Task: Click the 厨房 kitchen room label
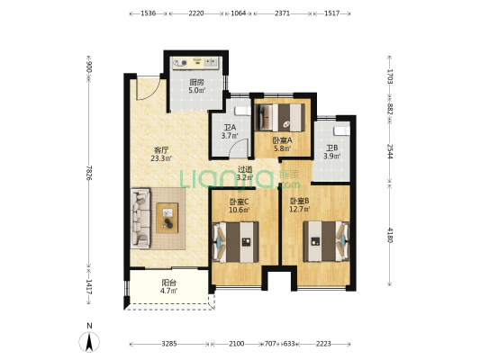(x=197, y=82)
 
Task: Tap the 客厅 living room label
(x=161, y=150)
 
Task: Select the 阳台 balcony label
(x=168, y=283)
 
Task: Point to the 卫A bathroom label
(x=230, y=127)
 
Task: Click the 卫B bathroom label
(x=331, y=148)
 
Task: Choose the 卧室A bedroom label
(x=282, y=140)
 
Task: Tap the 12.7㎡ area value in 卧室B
(x=300, y=209)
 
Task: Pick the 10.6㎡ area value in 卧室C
(x=240, y=210)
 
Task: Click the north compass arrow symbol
(x=89, y=342)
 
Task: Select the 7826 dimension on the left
(x=89, y=173)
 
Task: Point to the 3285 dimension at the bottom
(x=169, y=344)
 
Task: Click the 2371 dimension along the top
(x=282, y=13)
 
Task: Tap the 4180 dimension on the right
(x=390, y=235)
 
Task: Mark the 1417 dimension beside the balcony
(x=89, y=286)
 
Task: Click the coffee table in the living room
(x=168, y=218)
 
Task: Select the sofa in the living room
(x=140, y=218)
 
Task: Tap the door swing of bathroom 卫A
(x=240, y=148)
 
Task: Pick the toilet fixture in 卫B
(x=341, y=130)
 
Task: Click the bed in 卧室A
(x=281, y=118)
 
